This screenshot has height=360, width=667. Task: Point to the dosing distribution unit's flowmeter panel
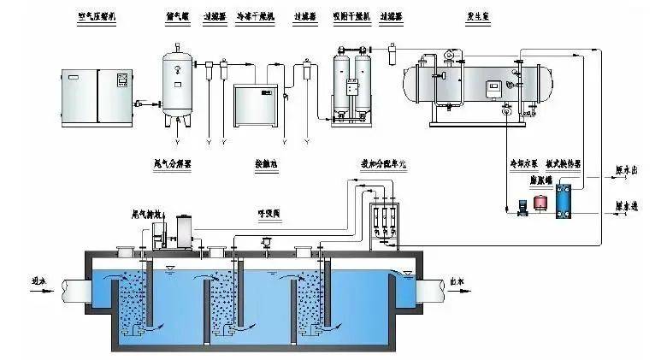384,220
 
